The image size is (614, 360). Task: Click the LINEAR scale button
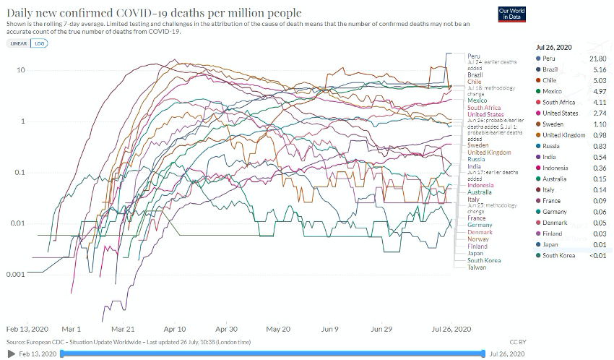coord(18,43)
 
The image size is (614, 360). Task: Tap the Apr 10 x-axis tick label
coord(175,328)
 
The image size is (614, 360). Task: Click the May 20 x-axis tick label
coord(278,328)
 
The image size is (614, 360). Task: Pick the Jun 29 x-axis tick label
coord(381,328)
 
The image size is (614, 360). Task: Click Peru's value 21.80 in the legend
coord(597,58)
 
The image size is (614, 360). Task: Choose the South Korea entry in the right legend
coord(558,255)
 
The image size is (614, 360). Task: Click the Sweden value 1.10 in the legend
coord(600,124)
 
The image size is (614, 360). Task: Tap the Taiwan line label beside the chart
coord(477,267)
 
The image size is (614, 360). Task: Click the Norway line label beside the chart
coord(477,239)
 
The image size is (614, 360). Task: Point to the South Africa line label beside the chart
coord(483,108)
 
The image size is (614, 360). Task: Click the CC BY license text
coord(518,341)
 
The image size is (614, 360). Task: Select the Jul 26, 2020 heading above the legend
coord(554,47)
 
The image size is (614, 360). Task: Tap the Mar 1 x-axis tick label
coord(72,328)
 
